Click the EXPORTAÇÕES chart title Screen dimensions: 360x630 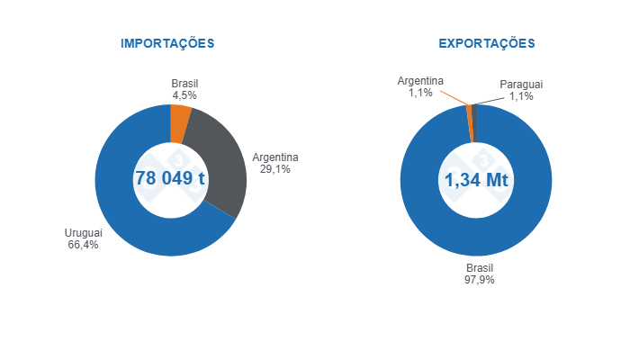coord(486,43)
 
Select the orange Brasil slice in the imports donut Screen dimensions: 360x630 coord(180,124)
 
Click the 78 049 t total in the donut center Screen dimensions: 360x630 coord(170,178)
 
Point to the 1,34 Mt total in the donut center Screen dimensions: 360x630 coord(476,180)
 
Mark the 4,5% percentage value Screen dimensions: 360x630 coord(184,94)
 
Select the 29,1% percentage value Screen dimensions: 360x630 coord(274,169)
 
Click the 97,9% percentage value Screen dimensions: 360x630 coord(479,280)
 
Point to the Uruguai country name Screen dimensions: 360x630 coord(83,233)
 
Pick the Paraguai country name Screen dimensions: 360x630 coord(521,85)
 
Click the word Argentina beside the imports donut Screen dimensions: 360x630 coord(274,157)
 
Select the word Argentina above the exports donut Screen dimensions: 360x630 coord(420,81)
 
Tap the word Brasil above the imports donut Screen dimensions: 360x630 coord(184,83)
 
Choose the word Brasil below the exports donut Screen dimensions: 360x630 coord(479,268)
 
